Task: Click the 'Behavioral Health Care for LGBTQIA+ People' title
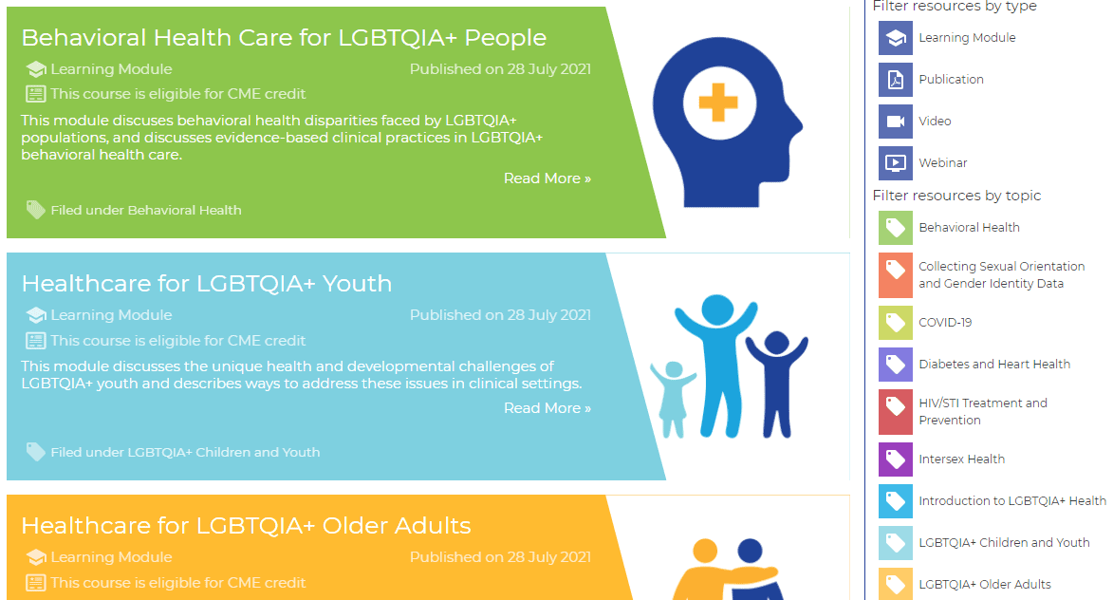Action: click(284, 38)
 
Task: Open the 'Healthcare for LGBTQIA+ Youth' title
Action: click(206, 284)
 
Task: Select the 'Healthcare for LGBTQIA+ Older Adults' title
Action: click(246, 526)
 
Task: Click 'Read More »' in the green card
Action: click(547, 178)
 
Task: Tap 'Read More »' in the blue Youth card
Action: click(547, 408)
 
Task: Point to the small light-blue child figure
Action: click(673, 399)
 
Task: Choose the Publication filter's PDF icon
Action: click(895, 80)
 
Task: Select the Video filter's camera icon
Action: click(895, 122)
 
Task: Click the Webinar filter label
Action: click(942, 163)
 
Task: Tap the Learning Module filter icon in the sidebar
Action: click(895, 38)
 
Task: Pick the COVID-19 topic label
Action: click(945, 323)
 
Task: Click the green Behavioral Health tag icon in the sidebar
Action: click(895, 228)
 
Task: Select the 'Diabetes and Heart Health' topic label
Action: click(993, 365)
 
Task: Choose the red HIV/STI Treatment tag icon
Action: click(895, 411)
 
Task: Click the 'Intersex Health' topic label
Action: click(961, 459)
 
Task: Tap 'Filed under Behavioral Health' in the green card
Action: click(145, 210)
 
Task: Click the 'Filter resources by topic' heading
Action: click(956, 196)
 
